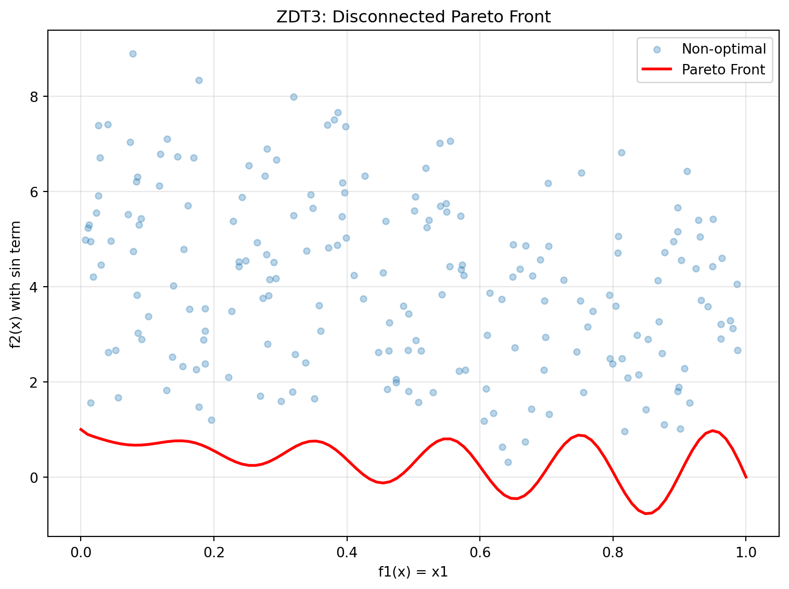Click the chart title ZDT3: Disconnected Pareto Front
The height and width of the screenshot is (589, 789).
coord(413,17)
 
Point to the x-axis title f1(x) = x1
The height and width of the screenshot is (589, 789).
coord(413,572)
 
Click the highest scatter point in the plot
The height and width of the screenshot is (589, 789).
coord(133,54)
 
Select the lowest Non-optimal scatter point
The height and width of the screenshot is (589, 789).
coord(508,462)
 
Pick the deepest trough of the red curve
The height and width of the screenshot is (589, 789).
coord(646,514)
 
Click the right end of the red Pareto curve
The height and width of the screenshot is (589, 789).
coord(746,477)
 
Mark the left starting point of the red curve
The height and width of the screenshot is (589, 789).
coord(80,429)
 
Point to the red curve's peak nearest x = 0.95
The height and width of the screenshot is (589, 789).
coord(712,431)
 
